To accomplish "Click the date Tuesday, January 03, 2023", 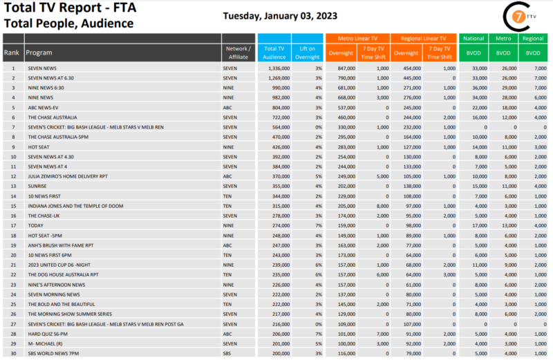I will pyautogui.click(x=280, y=17).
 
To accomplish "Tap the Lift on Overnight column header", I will pyautogui.click(x=307, y=52).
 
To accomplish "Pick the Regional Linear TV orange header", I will pyautogui.click(x=423, y=39).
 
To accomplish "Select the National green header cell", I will pyautogui.click(x=474, y=39).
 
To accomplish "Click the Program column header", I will pyautogui.click(x=39, y=52).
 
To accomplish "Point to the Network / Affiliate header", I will pyautogui.click(x=238, y=52).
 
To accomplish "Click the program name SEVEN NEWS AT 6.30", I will pyautogui.click(x=50, y=78).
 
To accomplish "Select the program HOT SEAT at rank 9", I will pyautogui.click(x=37, y=146).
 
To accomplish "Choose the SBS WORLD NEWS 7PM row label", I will pyautogui.click(x=53, y=354).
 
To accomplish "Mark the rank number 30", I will pyautogui.click(x=12, y=354).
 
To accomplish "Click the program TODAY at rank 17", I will pyautogui.click(x=35, y=225).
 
